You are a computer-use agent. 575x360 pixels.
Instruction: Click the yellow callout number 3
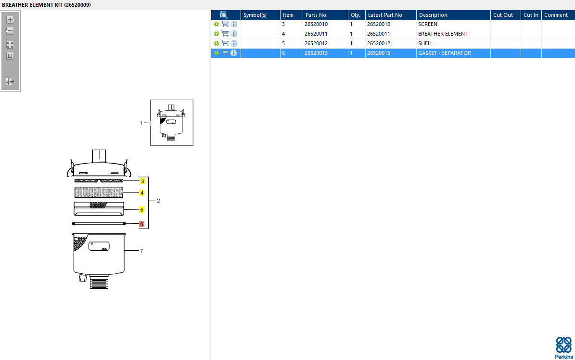(142, 181)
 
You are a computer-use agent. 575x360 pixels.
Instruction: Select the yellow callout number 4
(142, 193)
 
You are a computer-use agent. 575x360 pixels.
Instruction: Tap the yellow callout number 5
(142, 210)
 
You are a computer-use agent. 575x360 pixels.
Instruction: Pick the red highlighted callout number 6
(141, 224)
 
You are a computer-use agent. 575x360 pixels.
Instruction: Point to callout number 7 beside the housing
(141, 251)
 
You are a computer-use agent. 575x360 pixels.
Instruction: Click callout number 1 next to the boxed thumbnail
(141, 123)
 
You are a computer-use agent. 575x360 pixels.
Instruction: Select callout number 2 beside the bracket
(158, 200)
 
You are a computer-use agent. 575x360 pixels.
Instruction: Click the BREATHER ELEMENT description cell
(443, 34)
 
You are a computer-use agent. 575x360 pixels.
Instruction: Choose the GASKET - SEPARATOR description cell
(444, 53)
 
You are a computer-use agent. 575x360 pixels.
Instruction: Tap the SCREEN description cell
(428, 24)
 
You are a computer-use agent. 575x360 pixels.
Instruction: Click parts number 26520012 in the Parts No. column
(316, 43)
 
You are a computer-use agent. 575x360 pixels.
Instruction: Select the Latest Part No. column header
(385, 15)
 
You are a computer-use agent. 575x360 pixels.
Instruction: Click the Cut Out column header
(503, 15)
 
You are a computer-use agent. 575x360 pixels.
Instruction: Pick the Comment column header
(556, 15)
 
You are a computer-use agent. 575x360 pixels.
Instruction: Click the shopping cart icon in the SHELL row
(225, 43)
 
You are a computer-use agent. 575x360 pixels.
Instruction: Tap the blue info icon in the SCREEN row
(234, 24)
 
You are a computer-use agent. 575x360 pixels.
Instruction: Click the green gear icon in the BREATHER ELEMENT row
(217, 34)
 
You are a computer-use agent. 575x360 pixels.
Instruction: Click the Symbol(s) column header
(255, 15)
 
